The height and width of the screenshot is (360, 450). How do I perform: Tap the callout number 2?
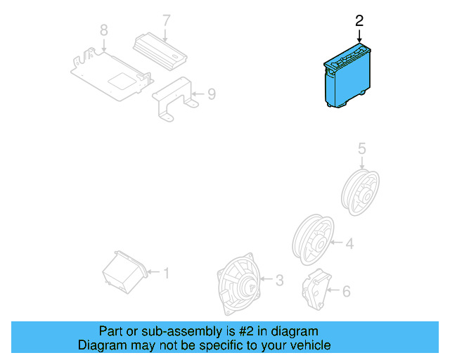[x=359, y=21]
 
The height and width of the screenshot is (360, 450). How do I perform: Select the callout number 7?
[x=166, y=20]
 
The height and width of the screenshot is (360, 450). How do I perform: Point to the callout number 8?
[x=104, y=30]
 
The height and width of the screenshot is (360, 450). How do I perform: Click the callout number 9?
[x=212, y=93]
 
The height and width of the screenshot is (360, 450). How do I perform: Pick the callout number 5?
[x=362, y=148]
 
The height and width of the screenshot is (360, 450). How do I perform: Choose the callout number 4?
[x=349, y=244]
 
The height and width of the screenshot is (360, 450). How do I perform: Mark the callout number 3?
[x=279, y=281]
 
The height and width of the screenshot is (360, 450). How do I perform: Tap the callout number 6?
[x=345, y=290]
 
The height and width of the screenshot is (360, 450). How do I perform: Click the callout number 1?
[x=167, y=272]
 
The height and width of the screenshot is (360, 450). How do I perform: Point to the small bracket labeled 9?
[x=173, y=98]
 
